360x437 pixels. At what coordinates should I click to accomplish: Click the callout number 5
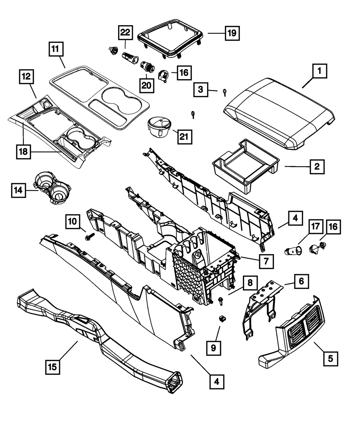tap(331, 358)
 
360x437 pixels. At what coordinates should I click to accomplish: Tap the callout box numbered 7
tap(266, 261)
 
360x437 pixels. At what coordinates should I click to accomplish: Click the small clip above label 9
tap(222, 319)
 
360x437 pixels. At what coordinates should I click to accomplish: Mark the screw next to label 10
tap(88, 236)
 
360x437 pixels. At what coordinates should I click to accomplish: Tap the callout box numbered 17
tap(315, 227)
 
